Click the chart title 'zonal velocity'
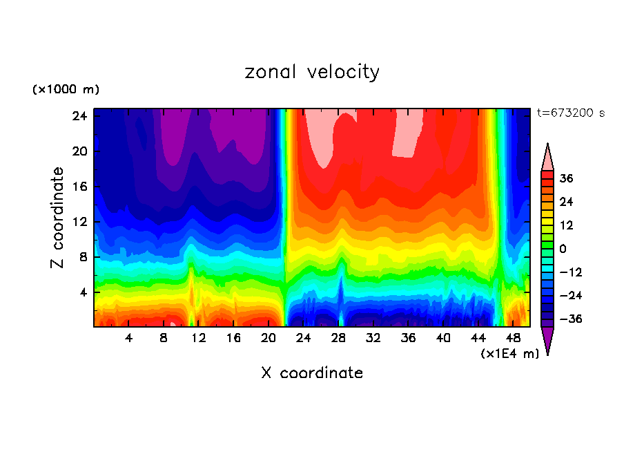pos(312,72)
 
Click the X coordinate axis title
pos(312,373)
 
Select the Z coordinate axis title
pos(58,218)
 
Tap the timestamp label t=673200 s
pos(570,113)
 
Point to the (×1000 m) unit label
pos(66,90)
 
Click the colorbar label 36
pos(566,178)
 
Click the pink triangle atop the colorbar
pos(547,158)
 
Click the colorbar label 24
pos(566,202)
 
